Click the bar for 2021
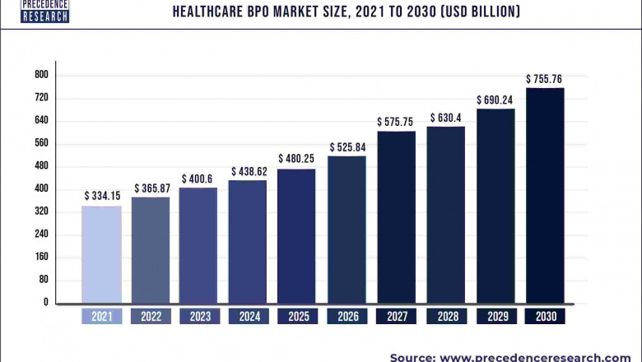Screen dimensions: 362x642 (101, 254)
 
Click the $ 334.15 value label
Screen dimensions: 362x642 (101, 196)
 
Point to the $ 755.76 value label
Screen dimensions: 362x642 (545, 79)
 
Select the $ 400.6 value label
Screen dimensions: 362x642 (198, 178)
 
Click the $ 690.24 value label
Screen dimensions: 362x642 (495, 100)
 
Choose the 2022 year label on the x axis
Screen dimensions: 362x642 (151, 316)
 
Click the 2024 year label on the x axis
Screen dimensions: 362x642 (248, 316)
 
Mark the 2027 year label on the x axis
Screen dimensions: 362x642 (396, 316)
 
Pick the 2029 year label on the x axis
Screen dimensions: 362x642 (495, 316)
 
